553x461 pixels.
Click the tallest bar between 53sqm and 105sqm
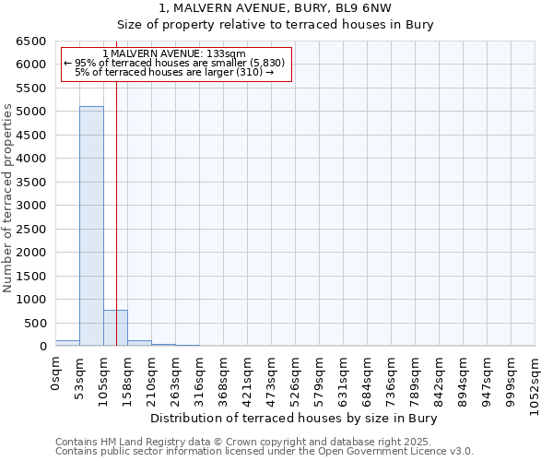click(x=91, y=226)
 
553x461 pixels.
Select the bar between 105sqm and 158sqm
click(x=115, y=328)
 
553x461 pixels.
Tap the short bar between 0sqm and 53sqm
click(x=67, y=343)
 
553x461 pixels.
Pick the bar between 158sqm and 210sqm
click(x=139, y=343)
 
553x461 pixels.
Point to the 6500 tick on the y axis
click(x=34, y=41)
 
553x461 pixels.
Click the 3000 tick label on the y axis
click(x=34, y=206)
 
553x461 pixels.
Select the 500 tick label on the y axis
click(x=38, y=323)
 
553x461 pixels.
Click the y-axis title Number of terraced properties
click(x=8, y=198)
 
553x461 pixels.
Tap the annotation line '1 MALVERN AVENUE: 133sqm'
click(x=174, y=54)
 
